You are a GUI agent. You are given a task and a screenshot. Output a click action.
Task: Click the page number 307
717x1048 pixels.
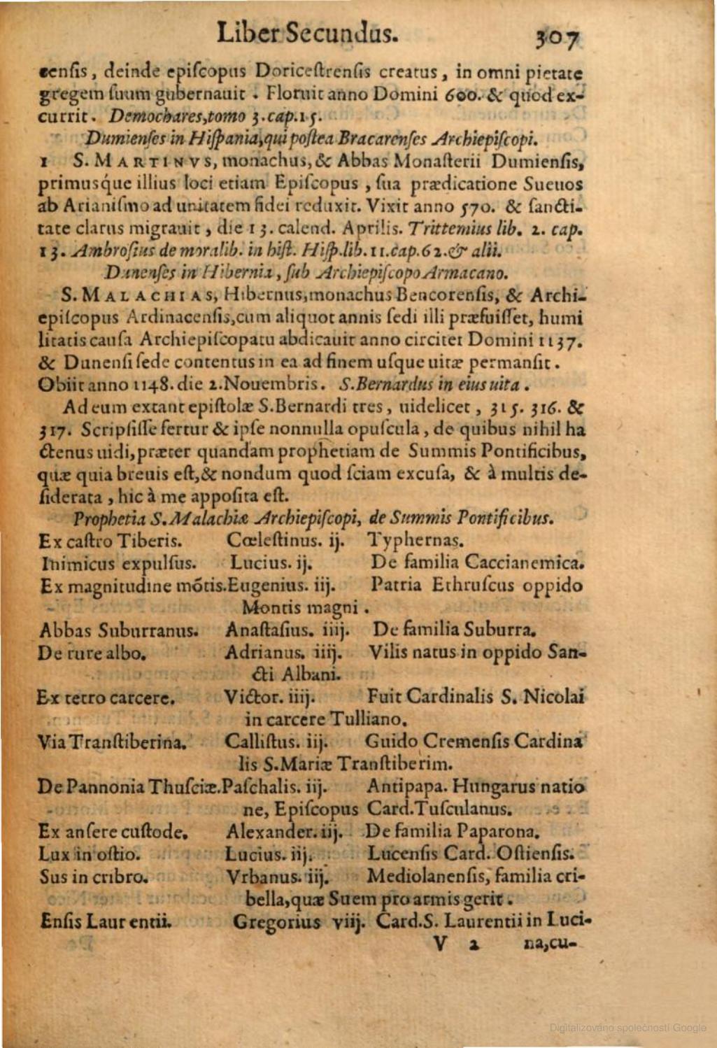click(x=558, y=36)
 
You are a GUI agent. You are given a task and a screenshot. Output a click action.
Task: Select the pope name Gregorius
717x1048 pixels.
click(x=276, y=921)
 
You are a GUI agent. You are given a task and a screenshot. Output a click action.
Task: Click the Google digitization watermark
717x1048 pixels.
click(x=627, y=1028)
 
